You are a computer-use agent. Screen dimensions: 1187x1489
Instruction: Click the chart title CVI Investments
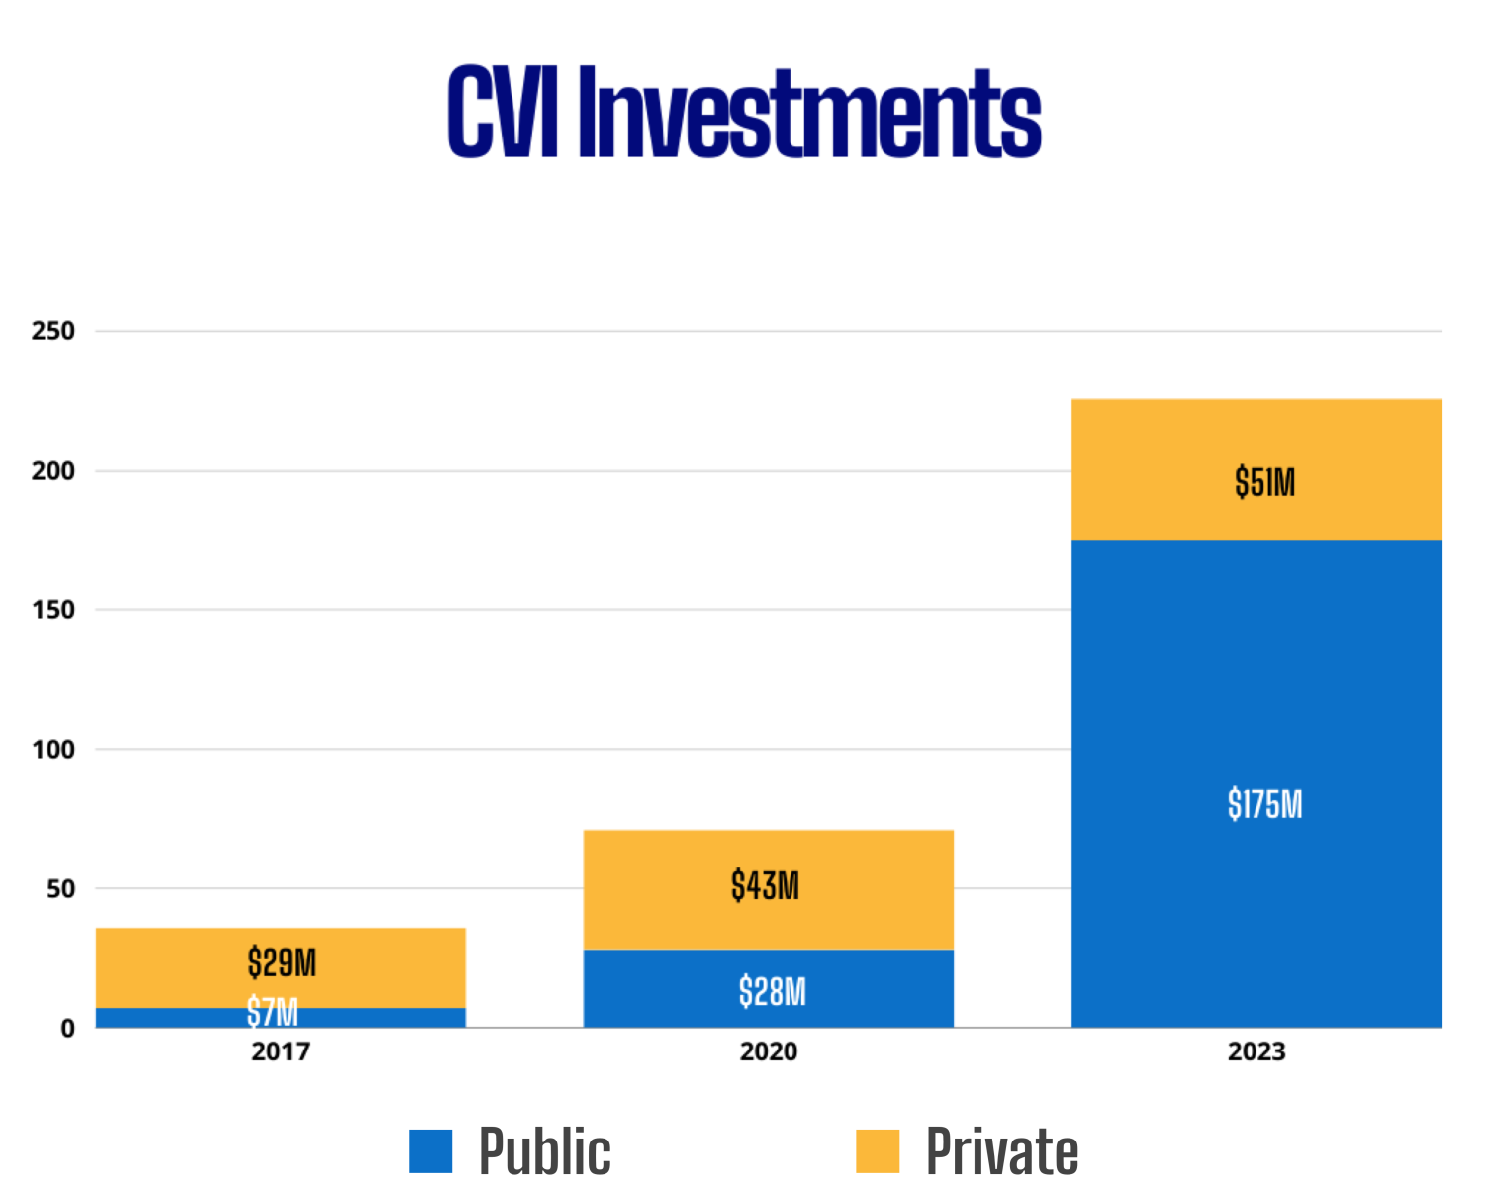point(744,112)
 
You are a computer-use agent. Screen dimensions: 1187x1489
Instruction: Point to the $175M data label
point(1264,804)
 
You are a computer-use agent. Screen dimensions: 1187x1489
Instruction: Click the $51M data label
point(1264,482)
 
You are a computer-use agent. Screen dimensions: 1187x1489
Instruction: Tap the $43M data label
point(765,885)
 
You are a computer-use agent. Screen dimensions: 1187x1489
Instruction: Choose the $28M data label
point(772,991)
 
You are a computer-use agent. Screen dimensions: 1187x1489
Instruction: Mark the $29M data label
point(282,961)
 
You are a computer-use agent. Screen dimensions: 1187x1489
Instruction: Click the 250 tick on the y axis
point(53,331)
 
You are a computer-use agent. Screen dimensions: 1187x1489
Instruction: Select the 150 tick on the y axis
point(53,610)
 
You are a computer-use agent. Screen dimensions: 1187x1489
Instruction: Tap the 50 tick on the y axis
point(60,889)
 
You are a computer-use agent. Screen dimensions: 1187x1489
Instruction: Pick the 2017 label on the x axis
point(281,1051)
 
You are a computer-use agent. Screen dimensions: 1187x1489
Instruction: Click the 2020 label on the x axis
point(769,1051)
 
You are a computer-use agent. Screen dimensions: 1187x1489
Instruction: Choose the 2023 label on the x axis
point(1256,1051)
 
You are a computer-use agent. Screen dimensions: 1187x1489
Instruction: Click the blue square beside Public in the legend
point(430,1150)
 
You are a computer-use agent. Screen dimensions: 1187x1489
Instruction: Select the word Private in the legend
point(1001,1151)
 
